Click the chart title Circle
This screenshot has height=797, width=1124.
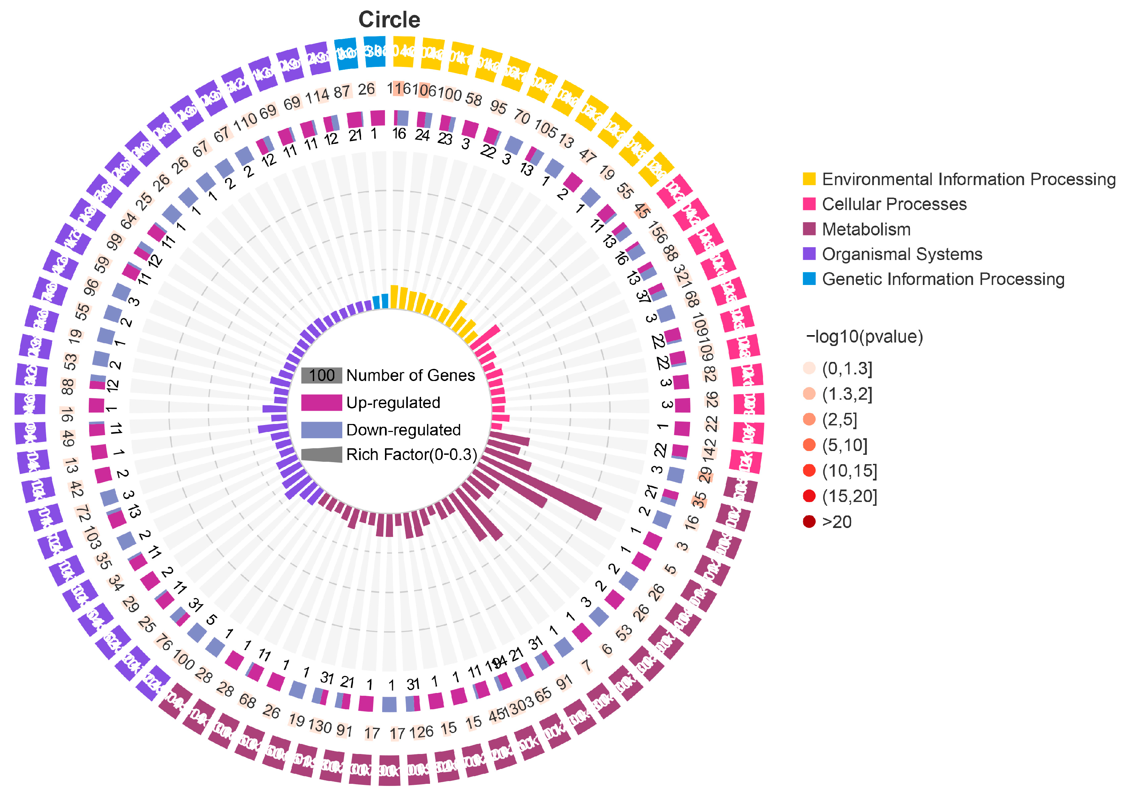coord(389,20)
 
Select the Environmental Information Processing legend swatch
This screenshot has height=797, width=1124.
coord(809,179)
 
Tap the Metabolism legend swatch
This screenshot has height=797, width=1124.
coord(809,229)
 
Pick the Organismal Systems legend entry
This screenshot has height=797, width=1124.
coord(902,254)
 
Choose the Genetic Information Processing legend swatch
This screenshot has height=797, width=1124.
coord(809,279)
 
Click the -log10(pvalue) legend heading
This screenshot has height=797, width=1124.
coord(864,337)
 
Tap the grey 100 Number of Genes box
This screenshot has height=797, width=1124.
coord(321,375)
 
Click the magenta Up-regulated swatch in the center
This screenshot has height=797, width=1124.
coord(321,402)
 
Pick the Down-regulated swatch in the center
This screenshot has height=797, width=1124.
coord(321,430)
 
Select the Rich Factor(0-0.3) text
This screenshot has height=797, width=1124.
coord(411,455)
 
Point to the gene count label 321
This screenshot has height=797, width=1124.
coord(682,276)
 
